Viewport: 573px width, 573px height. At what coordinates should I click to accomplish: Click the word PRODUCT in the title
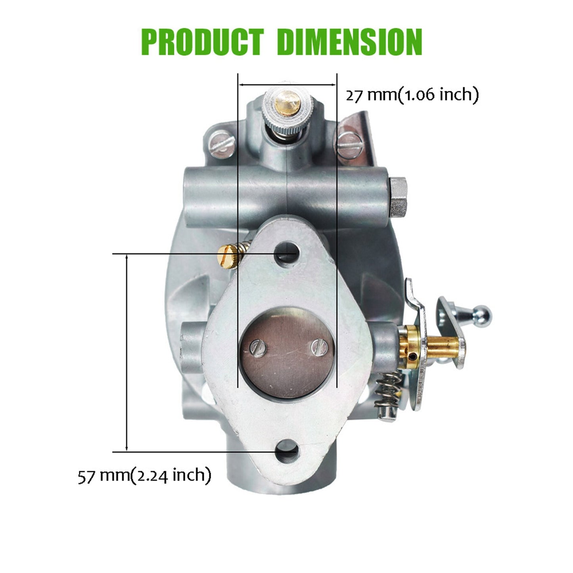click(x=202, y=42)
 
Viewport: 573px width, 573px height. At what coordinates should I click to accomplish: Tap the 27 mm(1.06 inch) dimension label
click(x=412, y=95)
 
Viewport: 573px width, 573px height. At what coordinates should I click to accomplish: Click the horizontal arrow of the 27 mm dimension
click(x=287, y=84)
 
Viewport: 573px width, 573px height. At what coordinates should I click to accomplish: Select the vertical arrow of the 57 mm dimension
click(x=127, y=353)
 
